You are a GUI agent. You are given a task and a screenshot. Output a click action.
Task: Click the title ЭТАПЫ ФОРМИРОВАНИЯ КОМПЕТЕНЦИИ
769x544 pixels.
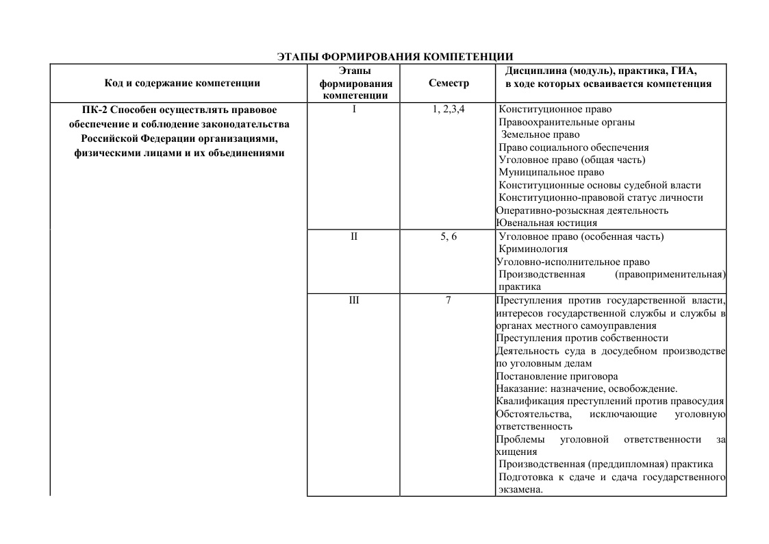click(395, 57)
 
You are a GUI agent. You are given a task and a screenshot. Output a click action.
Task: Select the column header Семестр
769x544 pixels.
click(449, 84)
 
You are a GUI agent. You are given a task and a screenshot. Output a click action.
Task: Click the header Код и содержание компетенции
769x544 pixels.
click(182, 84)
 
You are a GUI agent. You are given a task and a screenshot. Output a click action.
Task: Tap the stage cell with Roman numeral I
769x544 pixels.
click(354, 109)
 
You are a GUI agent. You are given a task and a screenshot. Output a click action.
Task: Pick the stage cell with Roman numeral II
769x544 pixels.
click(354, 237)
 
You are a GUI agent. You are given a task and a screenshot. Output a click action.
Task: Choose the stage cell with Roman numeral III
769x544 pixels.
click(354, 300)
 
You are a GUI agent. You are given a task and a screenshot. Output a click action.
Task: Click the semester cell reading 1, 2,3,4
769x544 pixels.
click(449, 109)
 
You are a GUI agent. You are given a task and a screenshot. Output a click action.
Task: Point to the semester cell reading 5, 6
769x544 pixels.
click(449, 237)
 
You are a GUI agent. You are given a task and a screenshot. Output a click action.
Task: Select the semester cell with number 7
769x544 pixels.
click(449, 300)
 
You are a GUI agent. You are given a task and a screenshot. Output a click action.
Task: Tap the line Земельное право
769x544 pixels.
click(540, 135)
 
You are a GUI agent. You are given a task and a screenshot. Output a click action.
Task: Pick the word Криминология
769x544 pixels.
click(533, 249)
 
